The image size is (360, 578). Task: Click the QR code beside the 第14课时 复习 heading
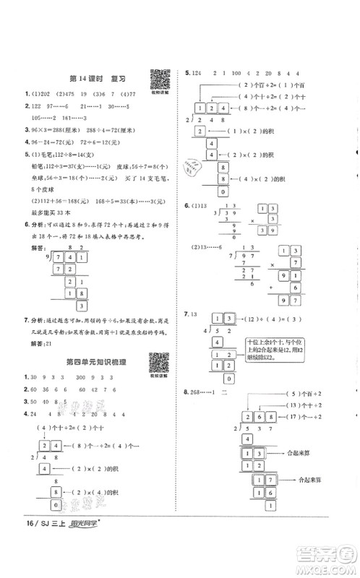point(159,77)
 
